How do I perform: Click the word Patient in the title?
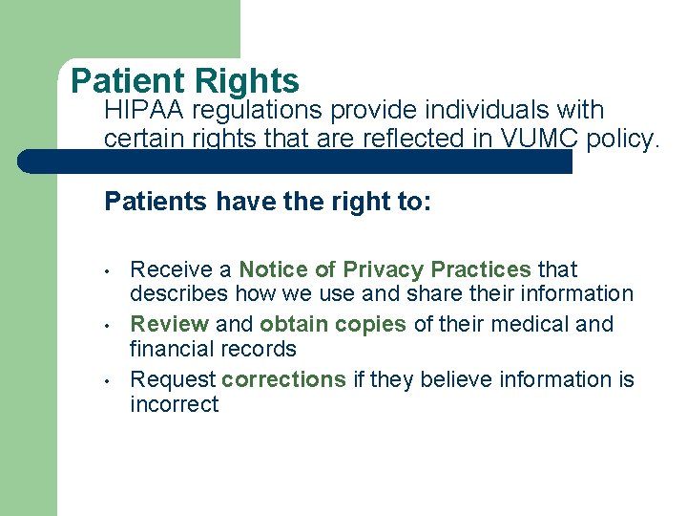[x=121, y=82]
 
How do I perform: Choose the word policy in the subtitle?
[x=621, y=140]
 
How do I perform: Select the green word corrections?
[x=283, y=380]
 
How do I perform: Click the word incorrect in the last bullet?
[x=174, y=405]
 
